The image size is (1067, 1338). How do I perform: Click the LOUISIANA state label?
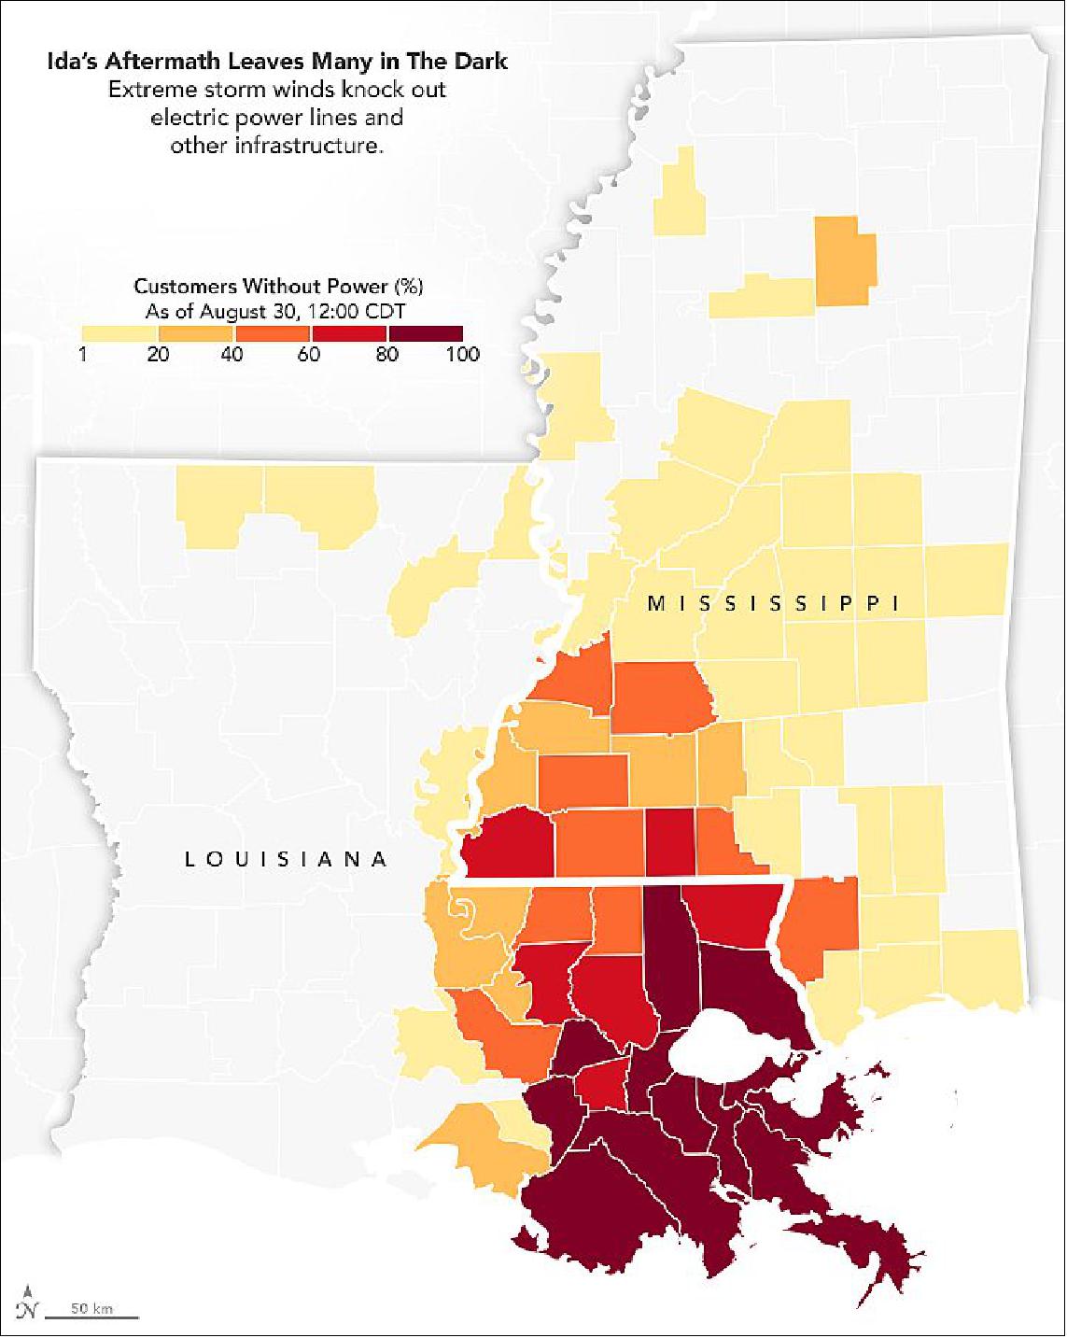coord(286,859)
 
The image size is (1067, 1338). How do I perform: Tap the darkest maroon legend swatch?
coord(426,333)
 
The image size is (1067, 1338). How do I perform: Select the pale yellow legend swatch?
coord(119,333)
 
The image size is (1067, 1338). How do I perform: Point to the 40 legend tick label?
coord(233,355)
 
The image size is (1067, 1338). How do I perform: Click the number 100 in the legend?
coord(463,355)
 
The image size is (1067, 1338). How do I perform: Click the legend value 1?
coord(83,355)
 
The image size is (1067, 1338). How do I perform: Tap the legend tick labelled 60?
coord(311,355)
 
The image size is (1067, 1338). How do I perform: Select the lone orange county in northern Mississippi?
coord(846,261)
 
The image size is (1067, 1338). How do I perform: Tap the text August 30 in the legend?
coord(251,311)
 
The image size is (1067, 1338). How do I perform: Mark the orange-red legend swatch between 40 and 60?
coord(273,333)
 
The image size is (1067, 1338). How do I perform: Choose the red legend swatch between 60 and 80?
coord(349,333)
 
